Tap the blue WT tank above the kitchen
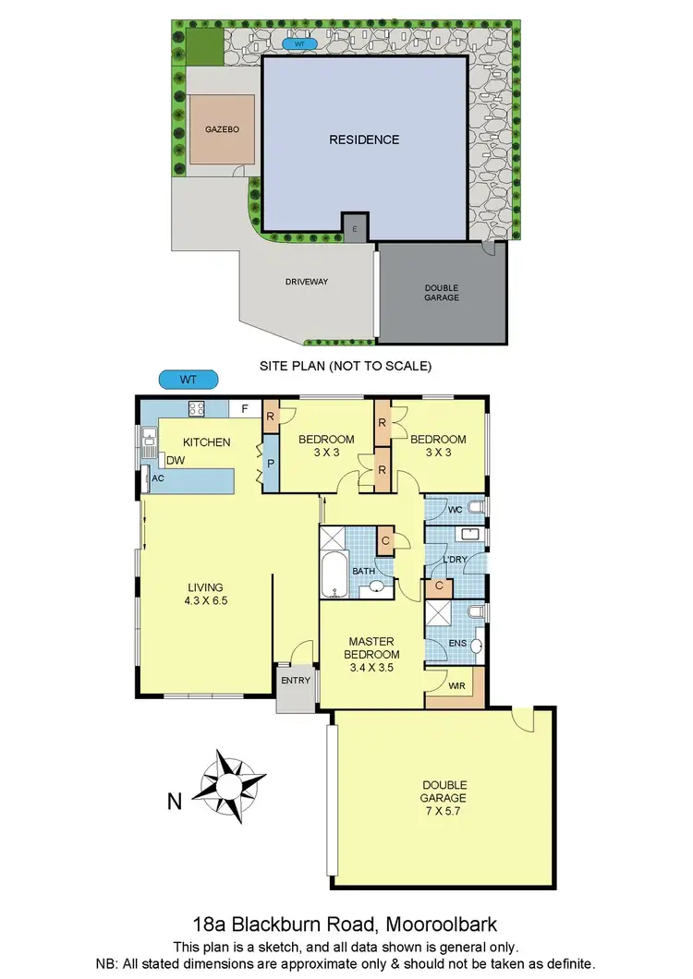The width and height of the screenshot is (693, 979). (188, 379)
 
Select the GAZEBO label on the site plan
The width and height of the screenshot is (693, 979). (222, 130)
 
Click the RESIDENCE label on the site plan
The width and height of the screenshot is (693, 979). (364, 139)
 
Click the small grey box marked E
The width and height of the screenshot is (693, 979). (355, 226)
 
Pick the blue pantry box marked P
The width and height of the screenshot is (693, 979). (271, 466)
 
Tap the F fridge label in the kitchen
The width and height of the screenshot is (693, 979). (244, 408)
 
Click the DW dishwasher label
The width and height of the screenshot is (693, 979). (174, 460)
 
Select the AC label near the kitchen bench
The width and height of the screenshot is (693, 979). (158, 478)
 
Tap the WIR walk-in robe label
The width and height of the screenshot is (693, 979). (456, 685)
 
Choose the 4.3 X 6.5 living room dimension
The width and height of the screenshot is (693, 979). (206, 599)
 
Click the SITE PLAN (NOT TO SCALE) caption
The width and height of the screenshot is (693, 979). (346, 366)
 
